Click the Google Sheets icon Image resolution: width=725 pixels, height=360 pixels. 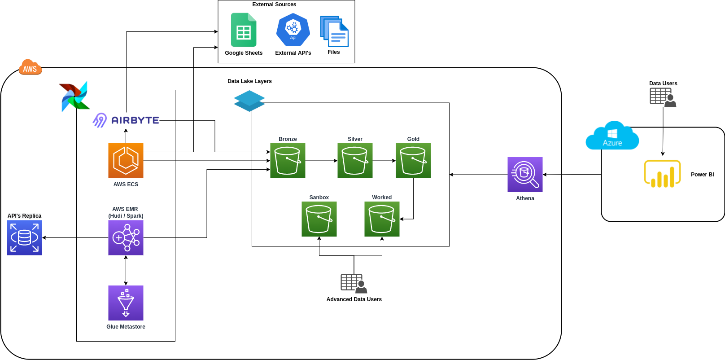pos(244,30)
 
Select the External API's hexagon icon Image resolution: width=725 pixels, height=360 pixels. pos(293,30)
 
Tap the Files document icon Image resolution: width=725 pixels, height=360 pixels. pos(334,31)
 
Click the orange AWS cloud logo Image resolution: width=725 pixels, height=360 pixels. pos(30,67)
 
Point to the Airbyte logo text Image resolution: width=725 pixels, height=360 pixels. pos(135,120)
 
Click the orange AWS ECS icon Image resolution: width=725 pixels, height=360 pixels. pos(126,161)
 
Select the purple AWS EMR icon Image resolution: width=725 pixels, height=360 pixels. pos(126,237)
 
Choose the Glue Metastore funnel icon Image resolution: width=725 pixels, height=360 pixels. pos(126,303)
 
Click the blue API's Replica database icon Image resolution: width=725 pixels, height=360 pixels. pos(24,237)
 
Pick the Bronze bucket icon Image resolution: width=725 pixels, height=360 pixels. pos(288,161)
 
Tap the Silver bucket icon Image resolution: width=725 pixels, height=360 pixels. pos(355,161)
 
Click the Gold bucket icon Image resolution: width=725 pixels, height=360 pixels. pos(413,161)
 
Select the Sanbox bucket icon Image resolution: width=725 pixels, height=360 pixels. pos(319,219)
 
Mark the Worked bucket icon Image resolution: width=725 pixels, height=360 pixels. pos(382,219)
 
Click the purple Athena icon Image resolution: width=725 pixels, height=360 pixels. pos(525,175)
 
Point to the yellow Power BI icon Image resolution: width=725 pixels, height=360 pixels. pos(662,174)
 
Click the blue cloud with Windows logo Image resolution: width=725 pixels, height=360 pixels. pos(612,135)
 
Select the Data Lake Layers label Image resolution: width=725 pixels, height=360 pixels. pos(249,81)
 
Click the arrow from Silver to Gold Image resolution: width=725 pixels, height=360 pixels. pos(384,161)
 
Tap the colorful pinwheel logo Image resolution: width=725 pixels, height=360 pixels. pos(74,97)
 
